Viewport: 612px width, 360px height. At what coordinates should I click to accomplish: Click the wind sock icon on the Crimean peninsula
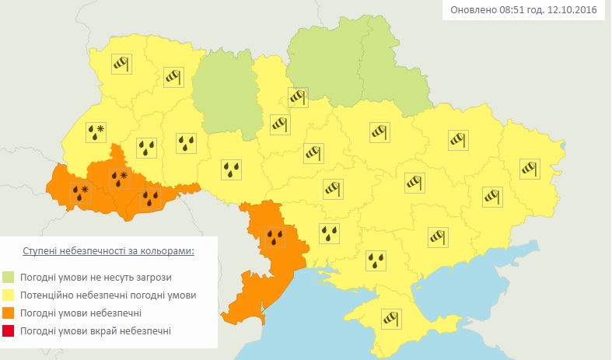coord(390,318)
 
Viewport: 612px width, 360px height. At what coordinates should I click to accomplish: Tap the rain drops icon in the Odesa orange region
coord(275,236)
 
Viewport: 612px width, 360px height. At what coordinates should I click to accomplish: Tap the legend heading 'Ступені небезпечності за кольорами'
coord(107,252)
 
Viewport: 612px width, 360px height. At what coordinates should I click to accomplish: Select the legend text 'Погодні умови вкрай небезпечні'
coord(97,331)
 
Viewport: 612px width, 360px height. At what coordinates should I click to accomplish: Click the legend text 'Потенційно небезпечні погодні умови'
coord(108,295)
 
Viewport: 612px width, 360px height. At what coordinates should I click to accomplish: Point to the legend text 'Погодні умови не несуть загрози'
coord(97,277)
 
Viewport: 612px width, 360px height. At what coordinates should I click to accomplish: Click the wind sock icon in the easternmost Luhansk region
coord(529,166)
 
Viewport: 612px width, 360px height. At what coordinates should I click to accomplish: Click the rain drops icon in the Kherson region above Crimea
coord(377,261)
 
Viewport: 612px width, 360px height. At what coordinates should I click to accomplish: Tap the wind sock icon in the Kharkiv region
coord(457,139)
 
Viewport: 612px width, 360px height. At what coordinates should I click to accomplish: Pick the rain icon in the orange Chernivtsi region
coord(151,199)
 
